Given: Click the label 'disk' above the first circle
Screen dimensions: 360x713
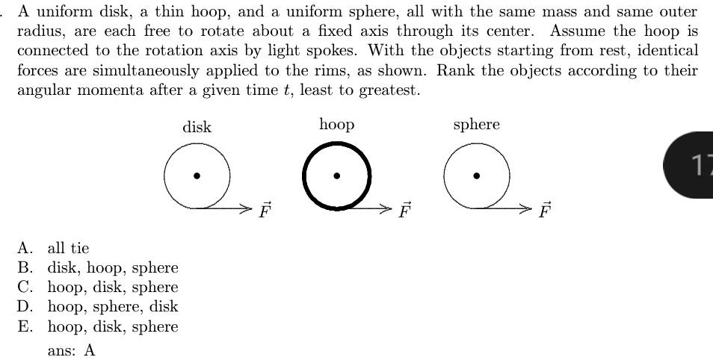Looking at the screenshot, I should [197, 127].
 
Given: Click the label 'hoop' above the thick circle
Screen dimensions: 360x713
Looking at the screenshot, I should [336, 125].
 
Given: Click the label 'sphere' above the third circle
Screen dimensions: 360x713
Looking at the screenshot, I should [476, 125].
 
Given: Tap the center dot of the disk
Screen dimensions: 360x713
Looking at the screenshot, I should [197, 176].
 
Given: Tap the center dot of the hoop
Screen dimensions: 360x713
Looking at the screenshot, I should [337, 176].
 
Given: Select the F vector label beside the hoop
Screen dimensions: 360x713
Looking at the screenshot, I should [404, 210].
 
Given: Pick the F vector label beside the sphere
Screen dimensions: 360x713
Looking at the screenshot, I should [545, 210].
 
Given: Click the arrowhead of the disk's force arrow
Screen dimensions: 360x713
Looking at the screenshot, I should [247, 208].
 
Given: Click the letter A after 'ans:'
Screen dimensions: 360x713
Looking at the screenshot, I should [90, 350].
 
